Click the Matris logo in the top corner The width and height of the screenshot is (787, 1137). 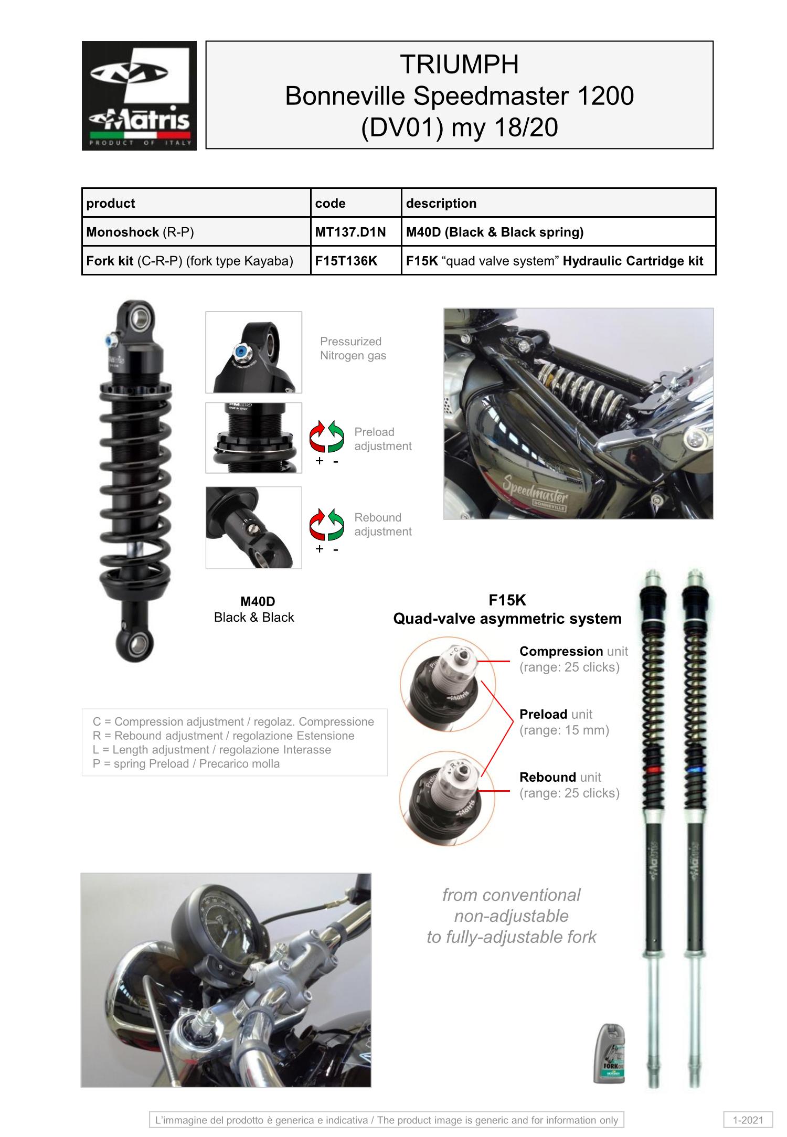pyautogui.click(x=139, y=95)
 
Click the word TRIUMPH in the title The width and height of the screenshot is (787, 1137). pyautogui.click(x=459, y=65)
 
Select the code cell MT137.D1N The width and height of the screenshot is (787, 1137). pyautogui.click(x=350, y=232)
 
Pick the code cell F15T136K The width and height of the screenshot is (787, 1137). pyautogui.click(x=346, y=261)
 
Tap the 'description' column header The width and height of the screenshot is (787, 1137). pyautogui.click(x=441, y=203)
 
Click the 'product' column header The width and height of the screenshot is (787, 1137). pyautogui.click(x=111, y=203)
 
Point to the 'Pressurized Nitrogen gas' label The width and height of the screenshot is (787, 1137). pyautogui.click(x=353, y=348)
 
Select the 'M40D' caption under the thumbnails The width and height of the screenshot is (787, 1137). pyautogui.click(x=258, y=602)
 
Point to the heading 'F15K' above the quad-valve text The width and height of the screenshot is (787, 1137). pyautogui.click(x=507, y=600)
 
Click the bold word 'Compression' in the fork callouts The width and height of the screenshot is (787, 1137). pyautogui.click(x=561, y=651)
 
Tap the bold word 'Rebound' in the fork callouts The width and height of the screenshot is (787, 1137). pyautogui.click(x=548, y=777)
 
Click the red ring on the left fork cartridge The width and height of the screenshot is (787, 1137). pyautogui.click(x=653, y=770)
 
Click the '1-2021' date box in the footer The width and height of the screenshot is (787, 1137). pyautogui.click(x=748, y=1120)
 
